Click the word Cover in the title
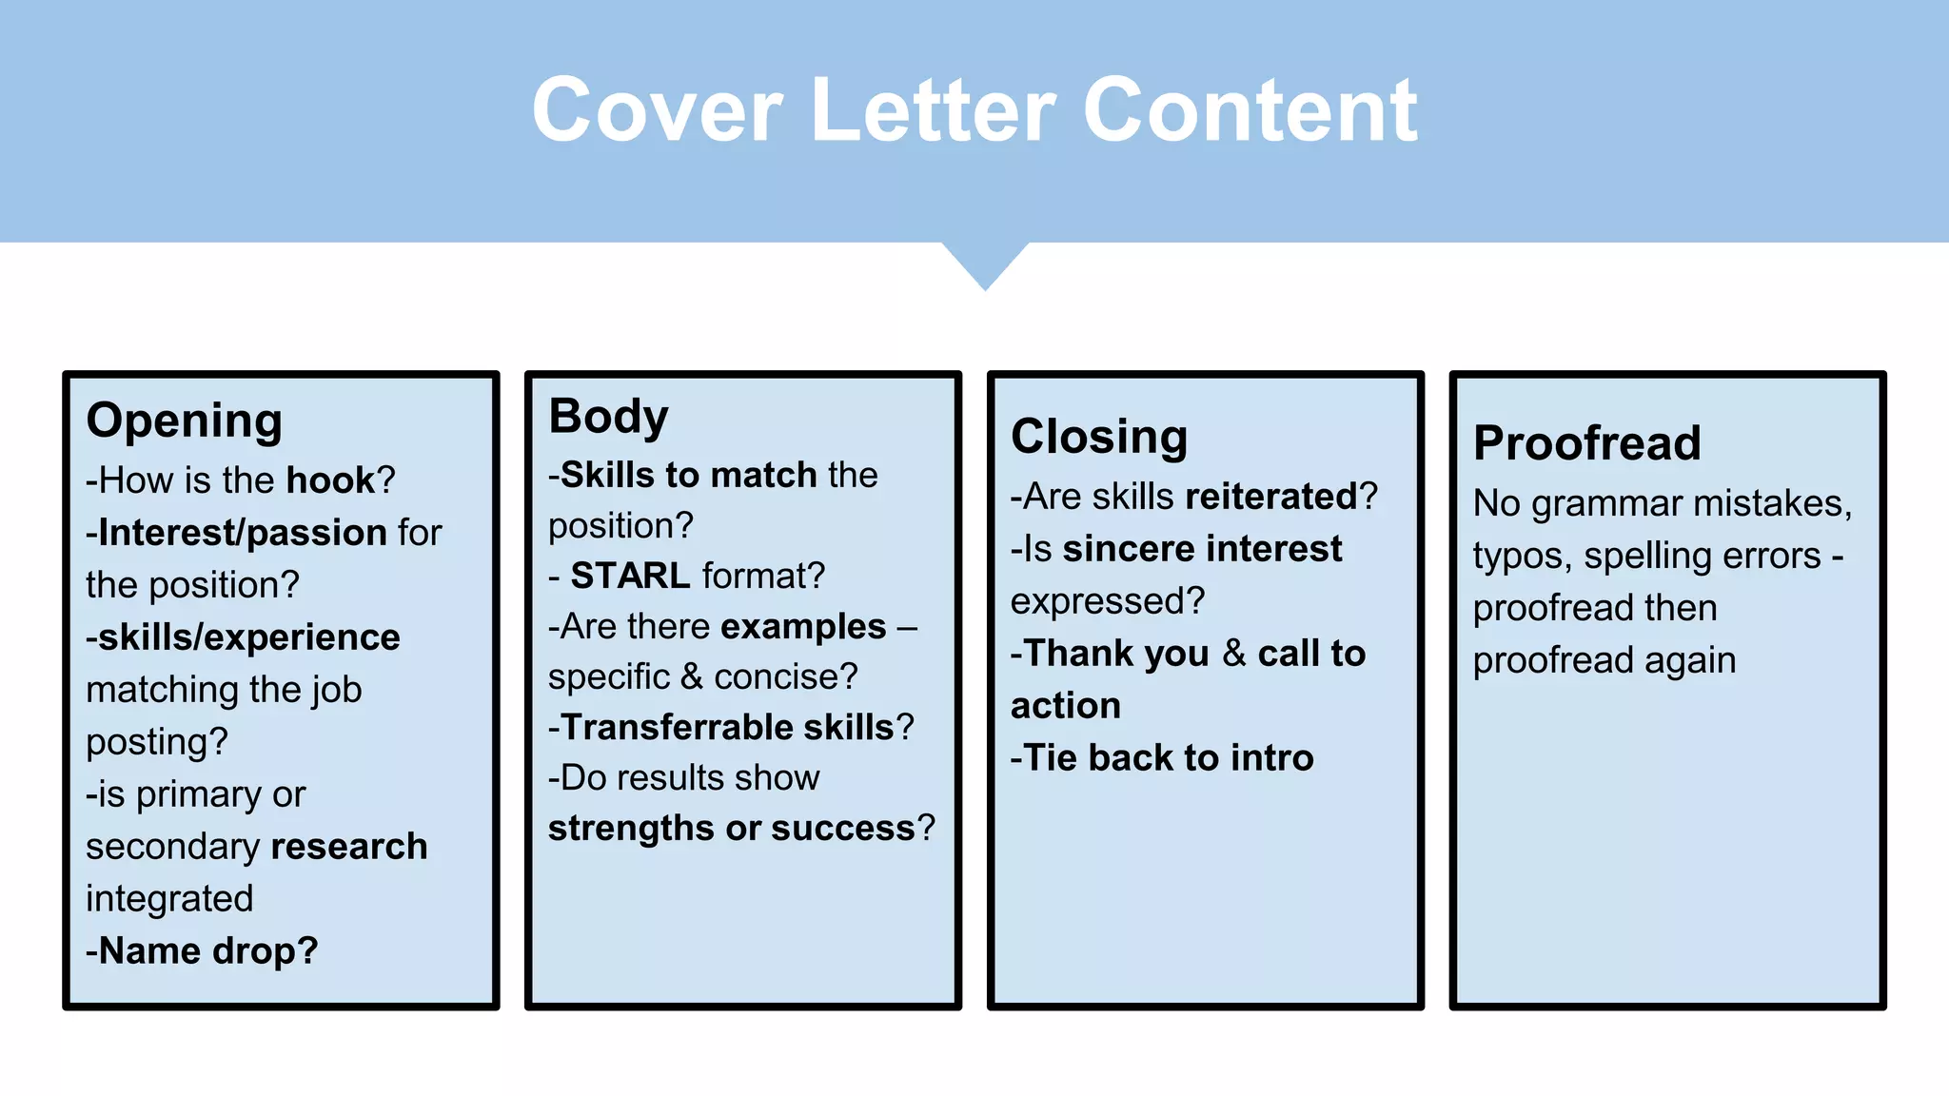pyautogui.click(x=658, y=111)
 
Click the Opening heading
pyautogui.click(x=185, y=421)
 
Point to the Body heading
pyautogui.click(x=608, y=417)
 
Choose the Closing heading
pyautogui.click(x=1099, y=437)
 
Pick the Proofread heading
pyautogui.click(x=1586, y=442)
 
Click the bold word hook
pyautogui.click(x=331, y=480)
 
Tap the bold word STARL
pyautogui.click(x=630, y=576)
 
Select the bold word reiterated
pyautogui.click(x=1271, y=497)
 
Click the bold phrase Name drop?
pyautogui.click(x=203, y=950)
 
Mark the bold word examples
pyautogui.click(x=804, y=626)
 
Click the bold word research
pyautogui.click(x=352, y=846)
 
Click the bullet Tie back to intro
pyautogui.click(x=1163, y=758)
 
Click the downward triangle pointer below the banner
pyautogui.click(x=986, y=265)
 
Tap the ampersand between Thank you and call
pyautogui.click(x=1234, y=654)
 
